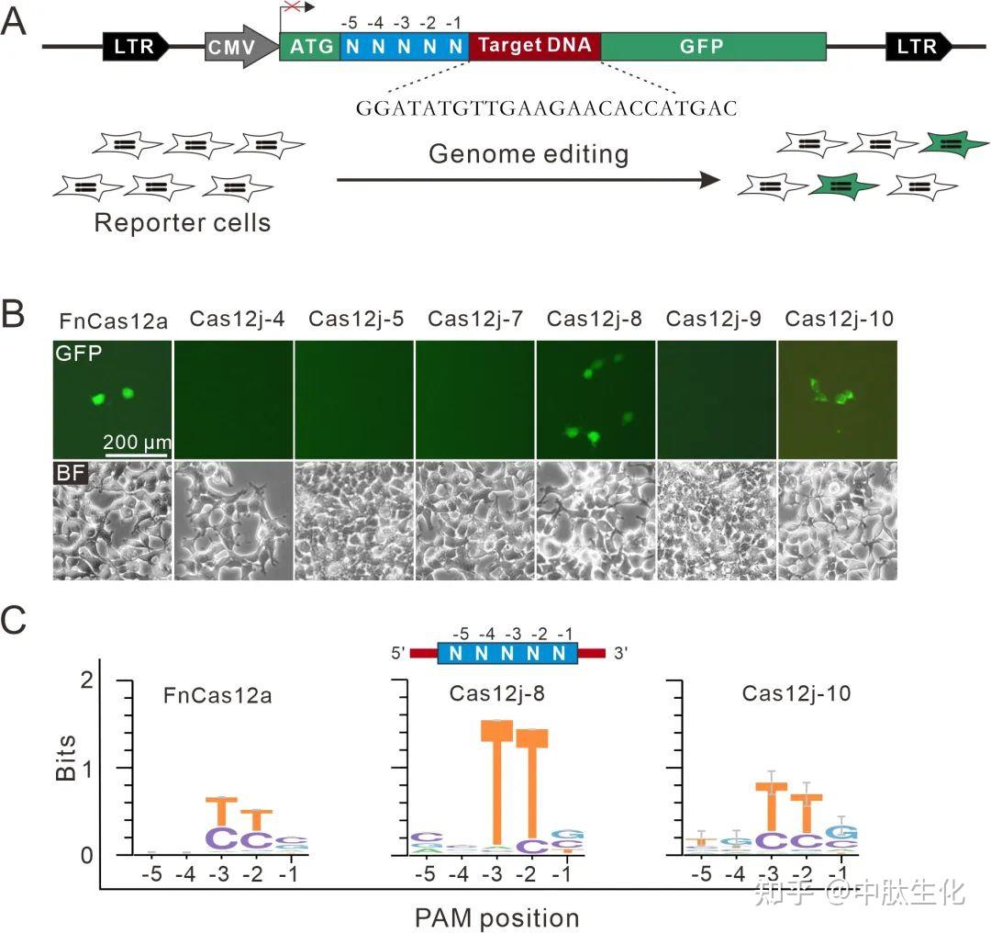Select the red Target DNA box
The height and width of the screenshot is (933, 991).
pos(535,46)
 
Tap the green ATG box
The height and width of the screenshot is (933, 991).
pos(309,46)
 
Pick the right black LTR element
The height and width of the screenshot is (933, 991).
pos(919,46)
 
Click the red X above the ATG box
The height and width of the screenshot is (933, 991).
pos(292,7)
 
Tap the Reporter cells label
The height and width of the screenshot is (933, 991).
pos(183,222)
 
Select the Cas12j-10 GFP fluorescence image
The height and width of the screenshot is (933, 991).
pos(838,397)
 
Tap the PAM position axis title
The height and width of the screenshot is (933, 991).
pos(496,916)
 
